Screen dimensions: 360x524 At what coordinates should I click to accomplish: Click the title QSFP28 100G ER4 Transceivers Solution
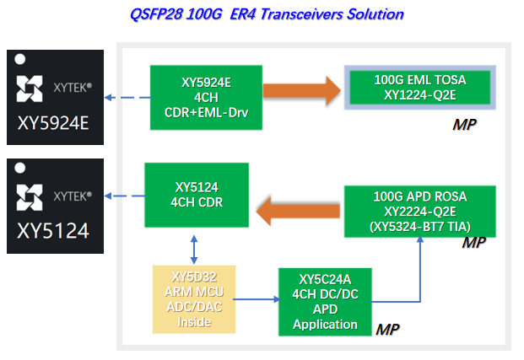pos(267,14)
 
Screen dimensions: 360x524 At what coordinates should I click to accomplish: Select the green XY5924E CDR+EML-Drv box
pos(206,98)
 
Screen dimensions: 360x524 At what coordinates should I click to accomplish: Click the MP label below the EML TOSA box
pos(463,125)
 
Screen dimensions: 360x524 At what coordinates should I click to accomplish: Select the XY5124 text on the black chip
pos(54,231)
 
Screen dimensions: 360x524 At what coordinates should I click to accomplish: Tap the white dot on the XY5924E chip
pos(21,62)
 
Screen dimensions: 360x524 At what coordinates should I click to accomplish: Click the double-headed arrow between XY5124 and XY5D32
pos(196,250)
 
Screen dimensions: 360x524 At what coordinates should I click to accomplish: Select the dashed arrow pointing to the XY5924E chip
pos(127,98)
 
